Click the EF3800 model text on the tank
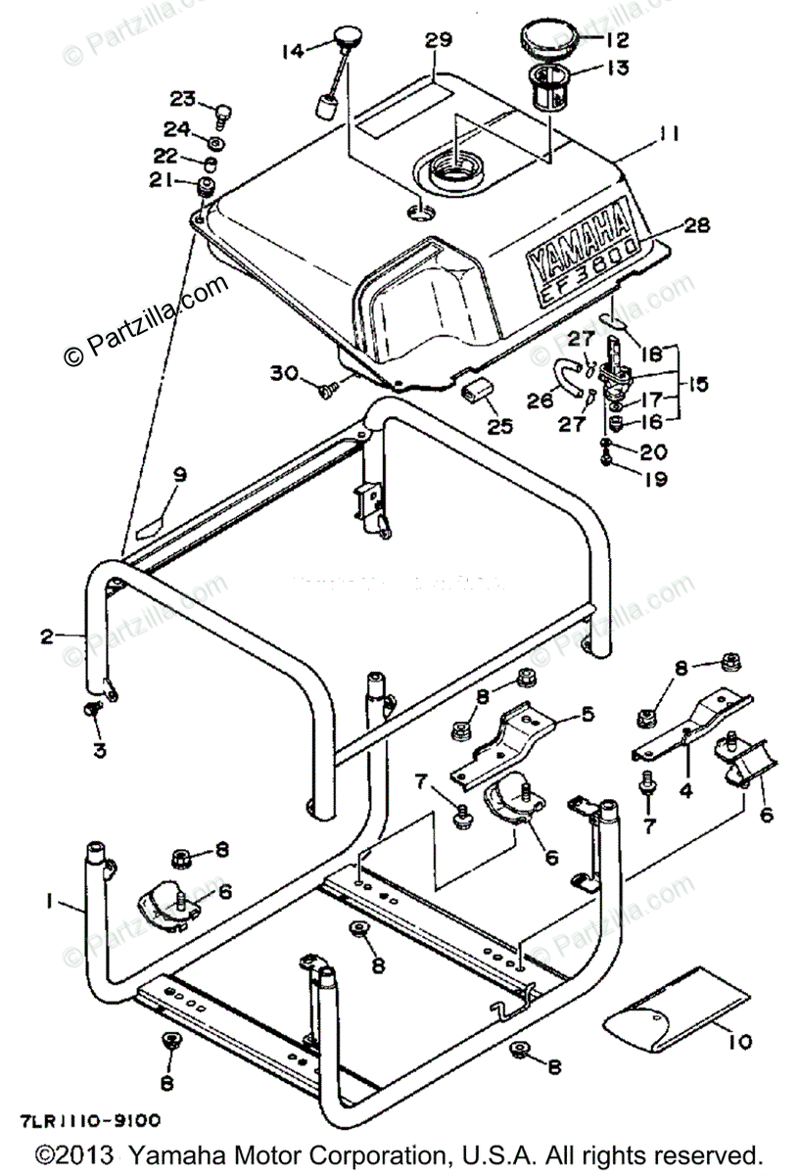592,275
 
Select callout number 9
177,475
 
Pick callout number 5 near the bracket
587,714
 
